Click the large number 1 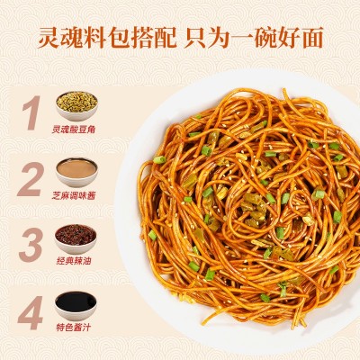coord(31,112)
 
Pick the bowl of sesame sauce coord(76,169)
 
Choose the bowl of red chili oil coord(76,236)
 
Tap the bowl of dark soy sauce coord(76,301)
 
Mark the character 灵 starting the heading coord(48,39)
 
